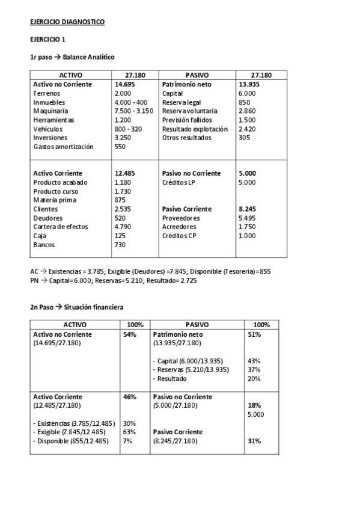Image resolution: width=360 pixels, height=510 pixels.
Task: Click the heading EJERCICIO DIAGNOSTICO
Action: tap(67, 22)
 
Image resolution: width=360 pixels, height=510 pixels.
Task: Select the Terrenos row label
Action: tap(46, 93)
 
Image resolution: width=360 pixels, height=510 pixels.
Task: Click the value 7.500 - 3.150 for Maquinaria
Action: tap(133, 111)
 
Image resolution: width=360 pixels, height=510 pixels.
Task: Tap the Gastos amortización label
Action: tap(64, 146)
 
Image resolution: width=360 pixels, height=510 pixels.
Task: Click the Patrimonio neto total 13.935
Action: tap(249, 85)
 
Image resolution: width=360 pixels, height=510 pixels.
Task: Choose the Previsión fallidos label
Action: tap(188, 120)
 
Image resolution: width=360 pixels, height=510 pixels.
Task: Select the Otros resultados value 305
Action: tap(244, 137)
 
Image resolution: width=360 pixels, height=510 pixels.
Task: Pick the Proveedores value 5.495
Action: tap(247, 218)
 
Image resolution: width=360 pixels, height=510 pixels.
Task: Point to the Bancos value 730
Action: tap(121, 245)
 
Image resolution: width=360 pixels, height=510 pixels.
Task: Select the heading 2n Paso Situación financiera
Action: tap(77, 307)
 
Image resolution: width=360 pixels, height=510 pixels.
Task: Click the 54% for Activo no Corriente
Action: tap(129, 334)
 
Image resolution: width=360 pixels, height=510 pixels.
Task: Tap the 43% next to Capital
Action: tap(254, 361)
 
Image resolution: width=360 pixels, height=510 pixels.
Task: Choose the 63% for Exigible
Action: tap(129, 432)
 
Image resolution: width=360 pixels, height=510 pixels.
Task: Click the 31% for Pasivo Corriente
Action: tap(254, 441)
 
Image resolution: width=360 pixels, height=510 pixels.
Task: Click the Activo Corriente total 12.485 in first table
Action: tap(125, 173)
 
